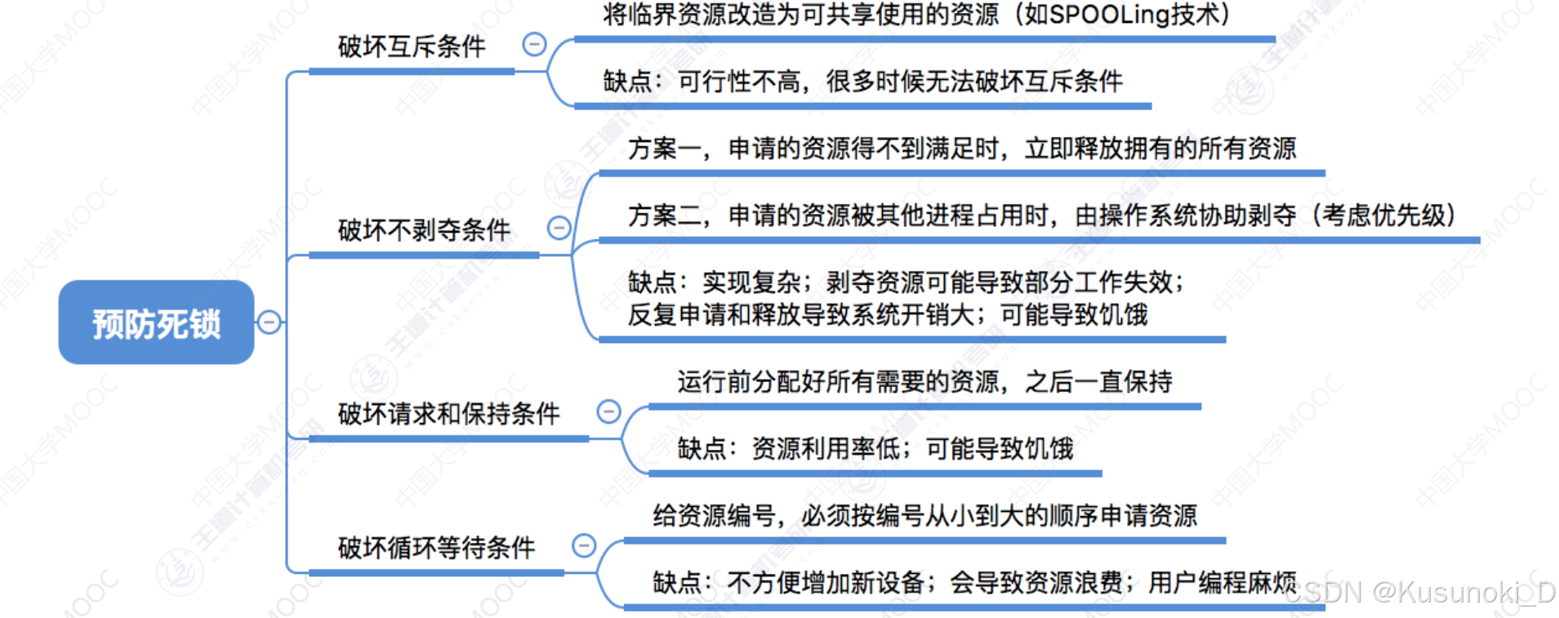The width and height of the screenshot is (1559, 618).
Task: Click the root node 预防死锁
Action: (156, 322)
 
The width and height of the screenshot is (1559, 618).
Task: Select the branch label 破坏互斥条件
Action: (412, 47)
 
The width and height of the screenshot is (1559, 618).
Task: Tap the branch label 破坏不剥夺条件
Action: (424, 230)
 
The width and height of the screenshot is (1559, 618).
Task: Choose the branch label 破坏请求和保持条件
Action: (448, 414)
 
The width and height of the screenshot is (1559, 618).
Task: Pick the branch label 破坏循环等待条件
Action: (436, 547)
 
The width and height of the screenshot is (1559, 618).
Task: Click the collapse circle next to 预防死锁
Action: (269, 322)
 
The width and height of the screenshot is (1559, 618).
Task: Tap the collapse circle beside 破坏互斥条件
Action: (534, 44)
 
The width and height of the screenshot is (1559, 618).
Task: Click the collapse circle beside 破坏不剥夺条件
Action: (559, 228)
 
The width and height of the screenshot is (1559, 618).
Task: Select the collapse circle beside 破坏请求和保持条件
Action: (608, 411)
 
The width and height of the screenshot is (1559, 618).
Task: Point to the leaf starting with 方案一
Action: (961, 149)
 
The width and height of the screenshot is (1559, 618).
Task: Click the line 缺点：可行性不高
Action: (862, 82)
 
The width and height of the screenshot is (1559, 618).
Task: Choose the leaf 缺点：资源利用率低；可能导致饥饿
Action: (875, 448)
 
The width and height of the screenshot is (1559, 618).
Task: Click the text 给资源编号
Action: (713, 516)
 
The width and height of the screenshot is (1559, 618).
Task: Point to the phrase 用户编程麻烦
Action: (1222, 582)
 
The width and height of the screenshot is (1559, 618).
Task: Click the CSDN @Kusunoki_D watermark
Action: (1419, 593)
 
